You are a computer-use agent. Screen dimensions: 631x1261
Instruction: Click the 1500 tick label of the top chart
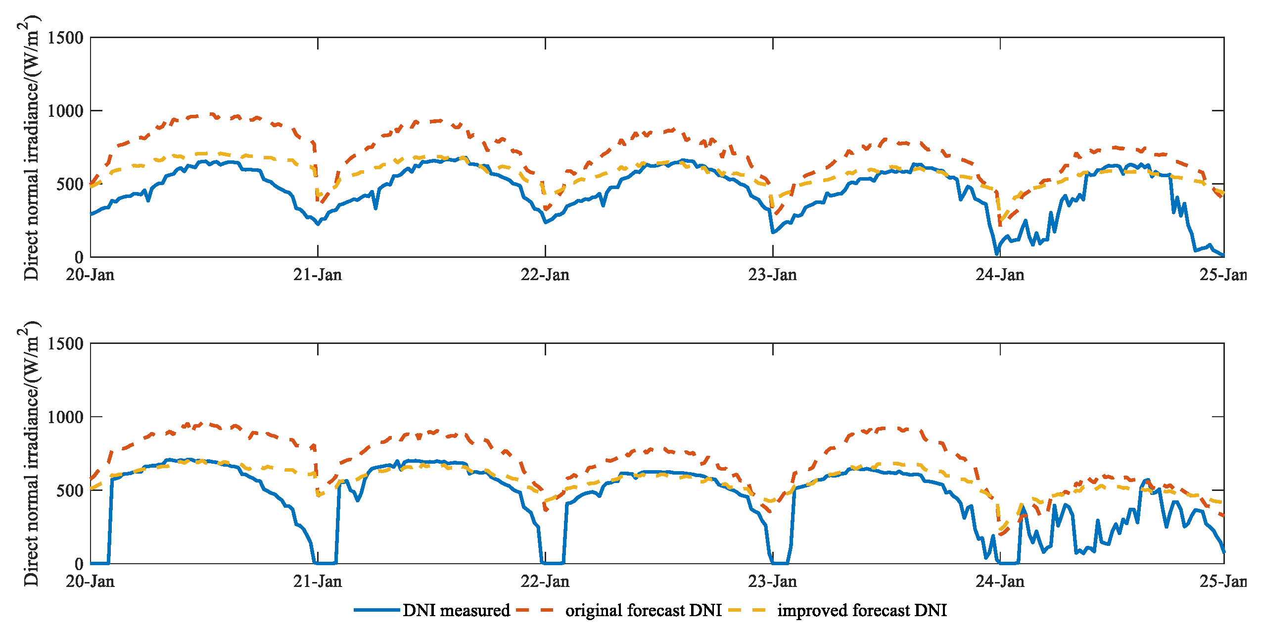tap(65, 38)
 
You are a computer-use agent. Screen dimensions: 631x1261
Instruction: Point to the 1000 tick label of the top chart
tap(65, 111)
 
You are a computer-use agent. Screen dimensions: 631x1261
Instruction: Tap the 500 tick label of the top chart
tap(70, 184)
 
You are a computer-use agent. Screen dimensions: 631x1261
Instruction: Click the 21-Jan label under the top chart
tap(318, 275)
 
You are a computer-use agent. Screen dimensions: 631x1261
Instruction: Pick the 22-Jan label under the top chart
tap(545, 275)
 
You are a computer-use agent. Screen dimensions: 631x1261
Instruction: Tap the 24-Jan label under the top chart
tap(1000, 275)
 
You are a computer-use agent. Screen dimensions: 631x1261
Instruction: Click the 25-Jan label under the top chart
tap(1223, 275)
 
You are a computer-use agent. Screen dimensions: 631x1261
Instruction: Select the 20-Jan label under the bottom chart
tap(90, 581)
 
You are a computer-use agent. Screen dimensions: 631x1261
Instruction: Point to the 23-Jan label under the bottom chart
tap(772, 581)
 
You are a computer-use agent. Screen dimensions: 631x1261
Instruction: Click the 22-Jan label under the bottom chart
tap(545, 581)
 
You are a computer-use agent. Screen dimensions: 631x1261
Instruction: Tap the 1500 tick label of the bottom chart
tap(65, 344)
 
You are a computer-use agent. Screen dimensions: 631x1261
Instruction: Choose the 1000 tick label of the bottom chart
tap(65, 417)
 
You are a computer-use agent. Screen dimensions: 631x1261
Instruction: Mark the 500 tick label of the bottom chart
tap(70, 490)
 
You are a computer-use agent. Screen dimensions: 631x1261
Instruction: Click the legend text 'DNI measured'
tap(456, 610)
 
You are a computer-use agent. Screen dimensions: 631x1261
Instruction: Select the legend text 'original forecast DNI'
tap(644, 610)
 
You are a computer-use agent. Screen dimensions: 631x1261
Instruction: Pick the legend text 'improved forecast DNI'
tap(862, 610)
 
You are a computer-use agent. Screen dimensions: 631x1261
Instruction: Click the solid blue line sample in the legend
tap(376, 610)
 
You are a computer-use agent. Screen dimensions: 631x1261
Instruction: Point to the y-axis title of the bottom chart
tap(31, 453)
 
